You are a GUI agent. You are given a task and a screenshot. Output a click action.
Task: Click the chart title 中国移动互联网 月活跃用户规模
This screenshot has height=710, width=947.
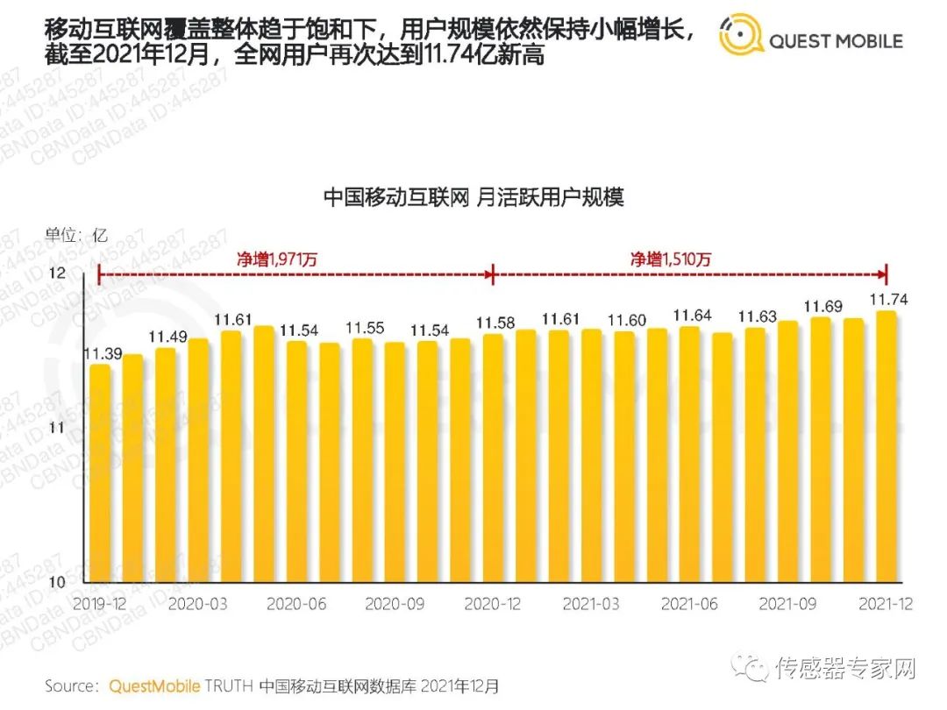pyautogui.click(x=473, y=196)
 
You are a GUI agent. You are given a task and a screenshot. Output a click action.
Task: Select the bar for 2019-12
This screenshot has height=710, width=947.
pyautogui.click(x=101, y=473)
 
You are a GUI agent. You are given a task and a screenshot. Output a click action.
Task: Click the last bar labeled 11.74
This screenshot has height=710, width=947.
pyautogui.click(x=887, y=447)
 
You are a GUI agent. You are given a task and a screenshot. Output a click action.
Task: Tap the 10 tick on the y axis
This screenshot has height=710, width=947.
pyautogui.click(x=56, y=583)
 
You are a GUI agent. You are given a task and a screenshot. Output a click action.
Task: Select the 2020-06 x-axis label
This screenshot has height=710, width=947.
pyautogui.click(x=297, y=605)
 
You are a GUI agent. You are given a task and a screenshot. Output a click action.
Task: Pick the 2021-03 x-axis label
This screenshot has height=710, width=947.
pyautogui.click(x=593, y=605)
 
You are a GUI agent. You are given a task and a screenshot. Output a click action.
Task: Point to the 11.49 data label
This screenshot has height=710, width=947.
pyautogui.click(x=167, y=337)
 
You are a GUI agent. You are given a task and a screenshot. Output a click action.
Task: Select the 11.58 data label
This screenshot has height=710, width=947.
pyautogui.click(x=494, y=323)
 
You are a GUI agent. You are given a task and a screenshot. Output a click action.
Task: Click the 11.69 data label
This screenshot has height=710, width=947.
pyautogui.click(x=822, y=306)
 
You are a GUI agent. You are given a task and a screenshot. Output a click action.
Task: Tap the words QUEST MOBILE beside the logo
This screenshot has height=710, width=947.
pyautogui.click(x=835, y=40)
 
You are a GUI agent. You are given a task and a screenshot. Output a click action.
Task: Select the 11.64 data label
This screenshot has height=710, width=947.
pyautogui.click(x=691, y=316)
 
